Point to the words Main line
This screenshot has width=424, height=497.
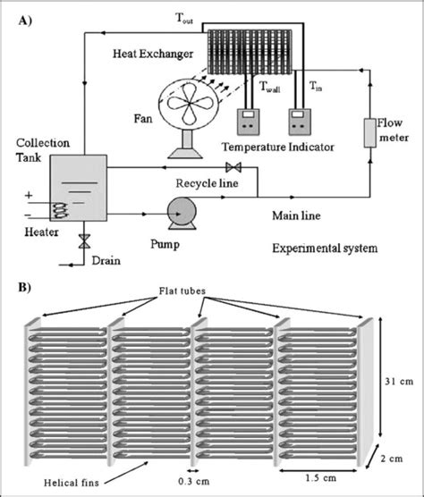point(296,215)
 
